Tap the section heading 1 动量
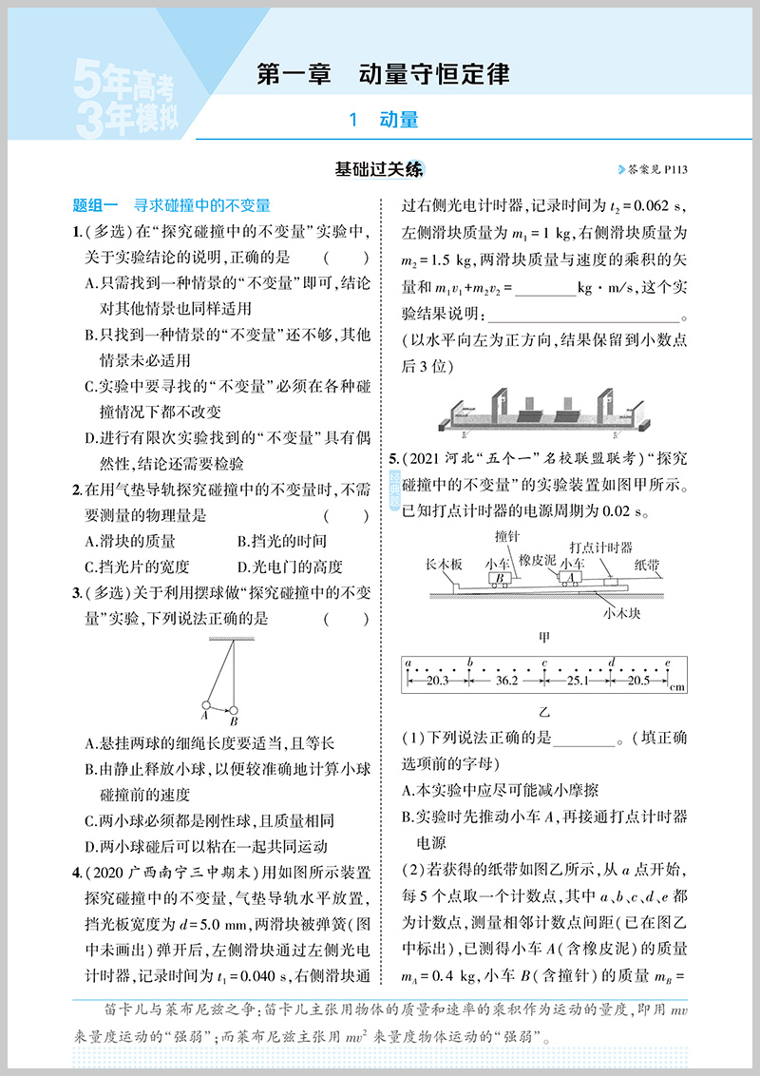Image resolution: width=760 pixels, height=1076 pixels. pyautogui.click(x=384, y=120)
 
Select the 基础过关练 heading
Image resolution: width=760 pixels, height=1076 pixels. pyautogui.click(x=379, y=170)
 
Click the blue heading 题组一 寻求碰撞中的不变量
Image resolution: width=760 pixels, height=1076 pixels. pyautogui.click(x=172, y=204)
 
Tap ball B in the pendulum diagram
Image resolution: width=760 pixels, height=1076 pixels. pyautogui.click(x=233, y=709)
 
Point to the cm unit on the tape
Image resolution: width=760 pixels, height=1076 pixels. pyautogui.click(x=676, y=686)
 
